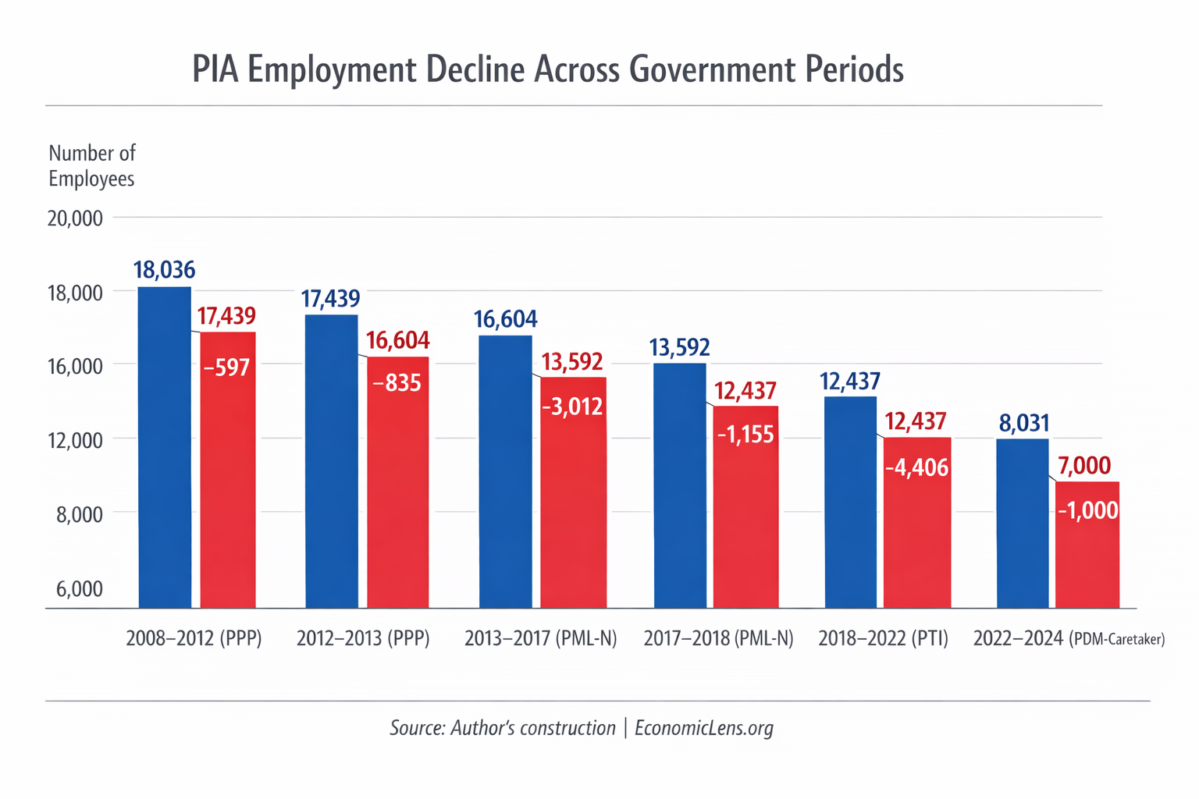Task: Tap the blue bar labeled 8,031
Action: [1023, 523]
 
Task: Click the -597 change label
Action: [226, 368]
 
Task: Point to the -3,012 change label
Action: [573, 407]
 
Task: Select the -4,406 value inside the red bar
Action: [917, 468]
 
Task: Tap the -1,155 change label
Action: [745, 435]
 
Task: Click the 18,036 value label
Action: [164, 270]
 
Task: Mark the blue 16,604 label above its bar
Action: [505, 319]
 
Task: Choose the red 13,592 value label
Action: [572, 362]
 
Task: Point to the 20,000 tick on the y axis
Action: [75, 218]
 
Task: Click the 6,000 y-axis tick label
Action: [80, 589]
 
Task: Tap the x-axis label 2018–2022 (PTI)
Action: [883, 639]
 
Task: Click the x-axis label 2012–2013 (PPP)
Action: [363, 639]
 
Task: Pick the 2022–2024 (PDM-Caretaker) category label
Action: [1069, 639]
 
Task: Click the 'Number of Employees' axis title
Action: [91, 165]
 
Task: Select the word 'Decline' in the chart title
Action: [475, 69]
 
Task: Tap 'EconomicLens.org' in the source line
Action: [703, 728]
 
